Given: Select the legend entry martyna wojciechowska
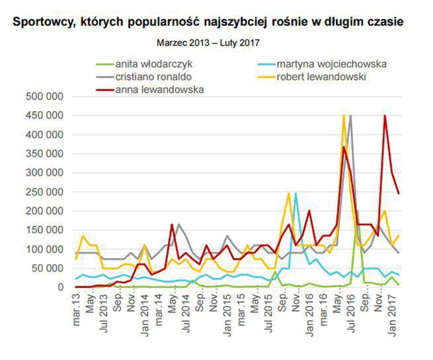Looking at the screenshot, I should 331,65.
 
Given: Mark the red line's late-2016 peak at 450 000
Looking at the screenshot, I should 385,116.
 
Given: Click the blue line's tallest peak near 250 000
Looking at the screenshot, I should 295,194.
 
